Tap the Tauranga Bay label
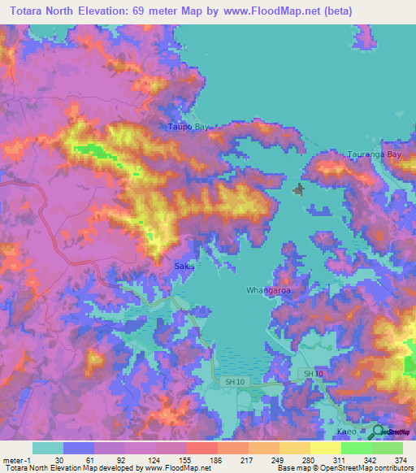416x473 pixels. (375, 154)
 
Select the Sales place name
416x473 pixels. (184, 266)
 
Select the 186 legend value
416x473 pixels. (214, 459)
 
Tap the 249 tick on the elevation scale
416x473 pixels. (277, 459)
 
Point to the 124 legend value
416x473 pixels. (153, 459)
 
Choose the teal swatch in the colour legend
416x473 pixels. (48, 448)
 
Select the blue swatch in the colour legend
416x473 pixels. (79, 448)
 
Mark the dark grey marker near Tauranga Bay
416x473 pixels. (298, 190)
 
